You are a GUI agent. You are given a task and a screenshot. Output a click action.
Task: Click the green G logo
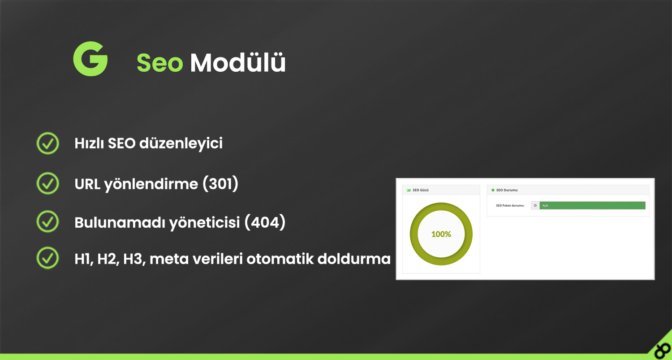(90, 59)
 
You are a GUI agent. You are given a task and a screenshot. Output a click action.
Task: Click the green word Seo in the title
(159, 62)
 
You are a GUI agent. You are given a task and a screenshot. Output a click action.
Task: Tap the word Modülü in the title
(238, 62)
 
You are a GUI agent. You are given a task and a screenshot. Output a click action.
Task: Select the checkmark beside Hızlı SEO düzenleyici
(47, 143)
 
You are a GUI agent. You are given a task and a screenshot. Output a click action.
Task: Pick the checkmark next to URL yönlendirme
(47, 183)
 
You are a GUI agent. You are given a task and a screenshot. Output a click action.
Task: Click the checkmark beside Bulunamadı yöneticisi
(47, 221)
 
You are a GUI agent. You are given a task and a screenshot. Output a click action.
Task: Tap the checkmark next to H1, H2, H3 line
(47, 258)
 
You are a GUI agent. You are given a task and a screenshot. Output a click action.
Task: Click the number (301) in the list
(220, 183)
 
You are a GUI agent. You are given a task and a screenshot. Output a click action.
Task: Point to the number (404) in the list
(265, 222)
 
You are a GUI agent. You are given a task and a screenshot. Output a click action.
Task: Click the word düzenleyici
(181, 143)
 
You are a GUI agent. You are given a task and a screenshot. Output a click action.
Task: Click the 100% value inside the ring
(441, 234)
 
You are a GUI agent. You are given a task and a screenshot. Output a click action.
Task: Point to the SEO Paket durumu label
(510, 206)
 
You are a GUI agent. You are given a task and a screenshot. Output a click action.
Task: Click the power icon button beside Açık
(535, 205)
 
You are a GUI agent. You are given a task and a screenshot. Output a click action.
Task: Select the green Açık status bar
(592, 205)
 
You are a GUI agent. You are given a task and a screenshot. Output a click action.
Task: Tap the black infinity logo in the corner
(663, 350)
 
